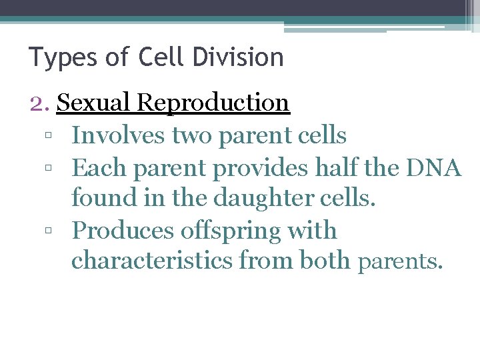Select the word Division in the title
coord(239,57)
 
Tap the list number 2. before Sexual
coord(41,103)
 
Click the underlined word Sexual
coord(94,103)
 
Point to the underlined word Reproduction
coord(213,103)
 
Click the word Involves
coord(118,135)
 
